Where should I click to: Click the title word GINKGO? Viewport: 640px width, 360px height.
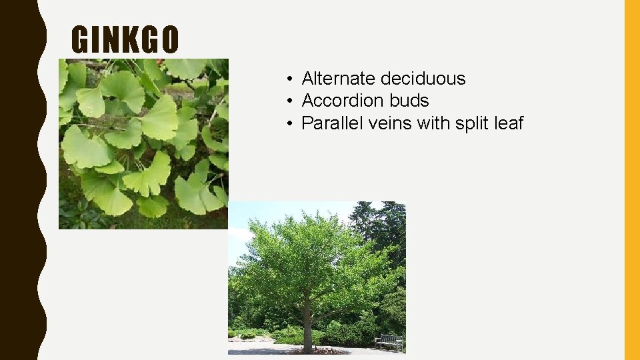[x=125, y=40]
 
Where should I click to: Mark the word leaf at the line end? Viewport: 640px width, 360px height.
[x=509, y=123]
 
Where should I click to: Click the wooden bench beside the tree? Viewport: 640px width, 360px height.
[x=389, y=341]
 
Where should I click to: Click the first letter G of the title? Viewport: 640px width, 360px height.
[x=80, y=40]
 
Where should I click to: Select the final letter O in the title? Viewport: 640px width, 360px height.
[x=170, y=40]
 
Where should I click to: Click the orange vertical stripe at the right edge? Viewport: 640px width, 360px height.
[x=631, y=180]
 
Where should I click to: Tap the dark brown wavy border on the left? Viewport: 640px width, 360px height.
[x=20, y=180]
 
